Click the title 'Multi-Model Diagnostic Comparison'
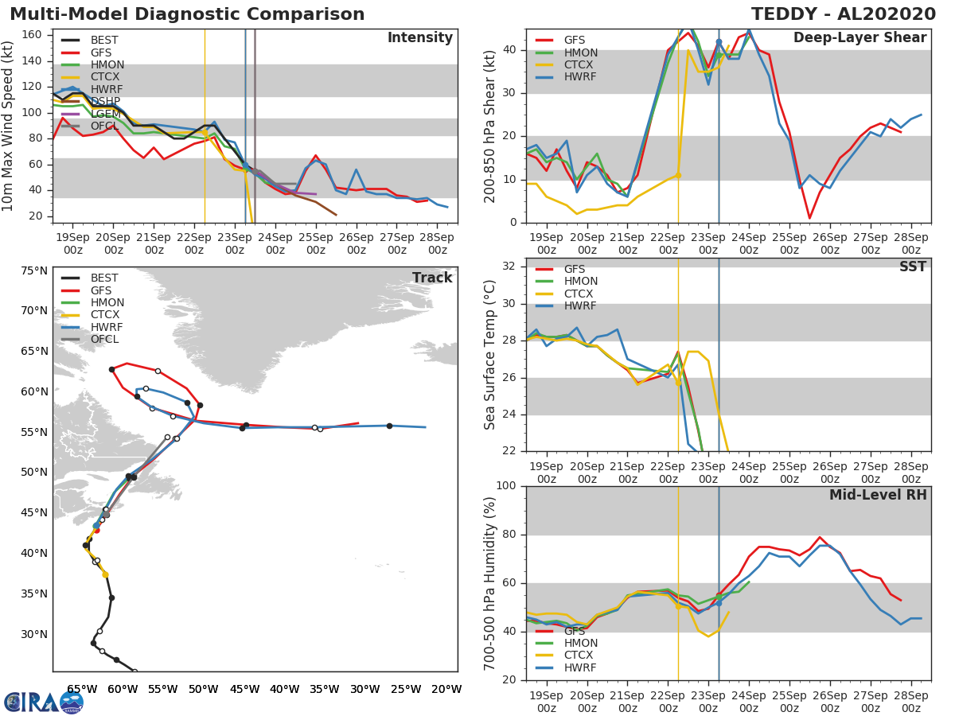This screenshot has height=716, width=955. tap(187, 14)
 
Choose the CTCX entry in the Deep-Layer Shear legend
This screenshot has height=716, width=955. tap(579, 64)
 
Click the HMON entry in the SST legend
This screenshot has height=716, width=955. tap(580, 282)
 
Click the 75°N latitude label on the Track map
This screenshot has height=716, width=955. tap(33, 270)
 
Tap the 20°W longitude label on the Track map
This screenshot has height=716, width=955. tap(446, 689)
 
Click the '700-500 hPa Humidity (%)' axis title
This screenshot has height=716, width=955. tap(489, 582)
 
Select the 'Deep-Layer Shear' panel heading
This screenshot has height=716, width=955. tap(859, 38)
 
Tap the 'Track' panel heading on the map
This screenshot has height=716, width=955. tap(431, 278)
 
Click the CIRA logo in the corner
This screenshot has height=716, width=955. tap(43, 702)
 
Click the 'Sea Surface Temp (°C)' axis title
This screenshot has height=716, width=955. tap(489, 354)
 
